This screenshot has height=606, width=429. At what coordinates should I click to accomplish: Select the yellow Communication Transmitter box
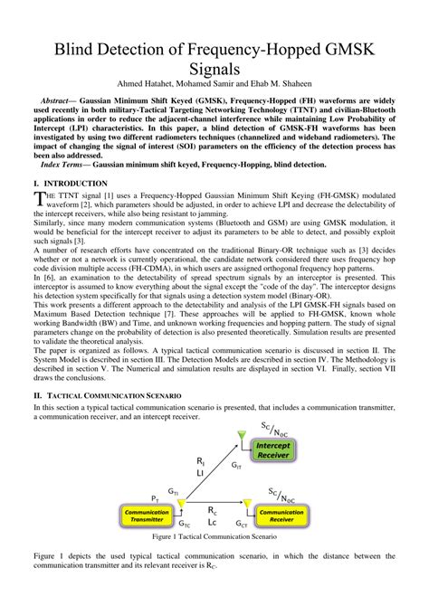pos(147,516)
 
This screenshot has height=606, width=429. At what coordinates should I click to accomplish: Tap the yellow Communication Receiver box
pos(281,516)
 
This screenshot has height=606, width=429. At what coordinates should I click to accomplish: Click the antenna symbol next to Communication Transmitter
pos(181,503)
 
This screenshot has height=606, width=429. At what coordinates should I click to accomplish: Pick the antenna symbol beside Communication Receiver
pos(243,504)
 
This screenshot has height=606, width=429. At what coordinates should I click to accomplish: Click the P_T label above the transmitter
pos(155,498)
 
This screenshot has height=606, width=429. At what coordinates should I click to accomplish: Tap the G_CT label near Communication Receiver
pos(243,524)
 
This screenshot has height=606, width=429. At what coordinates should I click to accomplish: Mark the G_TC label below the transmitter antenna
pos(185,524)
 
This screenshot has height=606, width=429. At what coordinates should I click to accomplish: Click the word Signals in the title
pos(214,68)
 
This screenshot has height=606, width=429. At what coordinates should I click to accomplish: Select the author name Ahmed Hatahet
pos(141,86)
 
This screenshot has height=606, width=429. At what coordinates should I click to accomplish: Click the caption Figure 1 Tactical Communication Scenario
pos(214,537)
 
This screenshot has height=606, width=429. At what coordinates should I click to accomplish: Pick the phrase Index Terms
pos(68,165)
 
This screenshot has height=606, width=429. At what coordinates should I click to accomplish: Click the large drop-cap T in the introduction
pos(38,199)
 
